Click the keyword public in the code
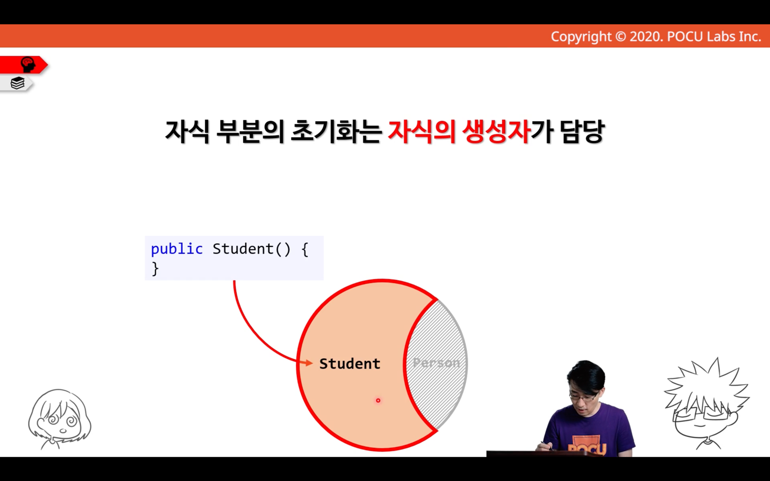[x=177, y=249]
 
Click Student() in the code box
[x=252, y=249]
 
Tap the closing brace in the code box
[x=155, y=268]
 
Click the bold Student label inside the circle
[x=349, y=363]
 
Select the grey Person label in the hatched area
[x=436, y=363]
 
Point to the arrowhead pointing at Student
[x=308, y=362]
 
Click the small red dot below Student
[x=378, y=400]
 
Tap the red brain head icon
[x=28, y=64]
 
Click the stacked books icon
[x=17, y=83]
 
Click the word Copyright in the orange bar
[x=581, y=37]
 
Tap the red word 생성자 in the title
[x=496, y=132]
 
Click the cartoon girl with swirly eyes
[x=60, y=419]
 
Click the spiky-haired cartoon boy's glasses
[x=702, y=413]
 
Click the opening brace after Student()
[x=305, y=249]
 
